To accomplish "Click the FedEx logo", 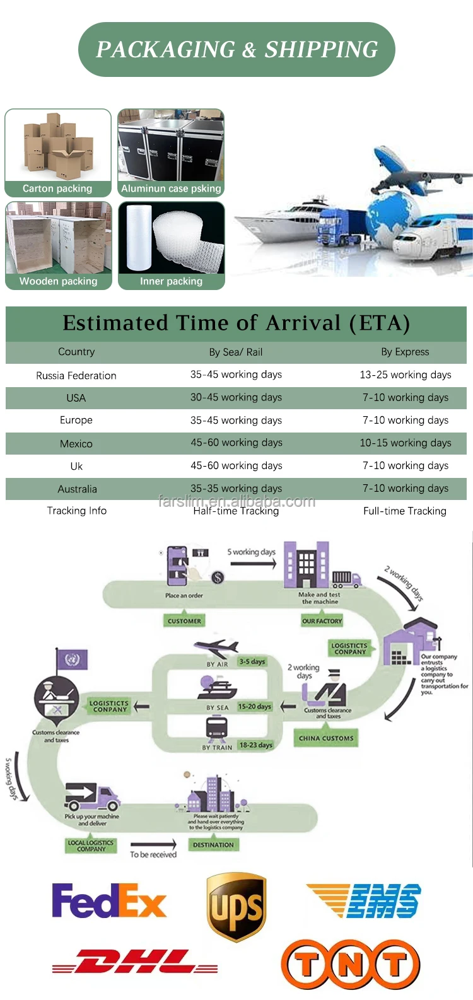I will pos(109,900).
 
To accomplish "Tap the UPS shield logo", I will pos(237,907).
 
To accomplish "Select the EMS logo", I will pos(365,900).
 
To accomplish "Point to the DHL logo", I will pos(135,962).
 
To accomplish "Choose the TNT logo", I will pos(350,964).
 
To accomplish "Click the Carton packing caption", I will pos(57,189).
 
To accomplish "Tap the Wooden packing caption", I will pos(58,281).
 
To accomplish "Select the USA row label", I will pos(76,398).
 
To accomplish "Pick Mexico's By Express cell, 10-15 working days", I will pos(406,443).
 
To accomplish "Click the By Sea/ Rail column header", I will pos(236,352).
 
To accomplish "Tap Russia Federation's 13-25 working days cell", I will pos(406,375).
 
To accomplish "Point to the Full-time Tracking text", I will pos(405,511).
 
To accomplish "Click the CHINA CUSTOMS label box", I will pos(326,738).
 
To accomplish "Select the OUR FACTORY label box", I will pos(322,621).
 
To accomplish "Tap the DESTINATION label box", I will pos(213,844).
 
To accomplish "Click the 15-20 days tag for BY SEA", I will pos(255,707).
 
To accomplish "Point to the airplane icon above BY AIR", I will pos(216,649).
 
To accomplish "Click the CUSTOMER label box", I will pos(184,621).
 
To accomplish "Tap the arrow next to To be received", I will pos(153,844).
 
